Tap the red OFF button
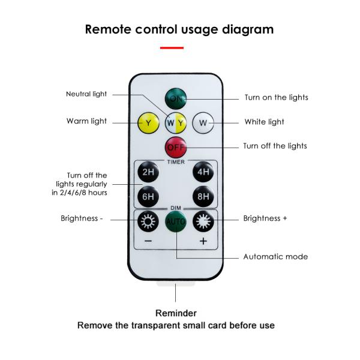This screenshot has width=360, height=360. click(176, 146)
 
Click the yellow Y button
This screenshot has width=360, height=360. click(148, 124)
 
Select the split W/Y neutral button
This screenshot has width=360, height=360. click(176, 124)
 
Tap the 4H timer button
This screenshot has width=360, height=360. click(203, 173)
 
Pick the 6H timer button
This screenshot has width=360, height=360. click(148, 196)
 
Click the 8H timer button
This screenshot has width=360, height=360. click(203, 196)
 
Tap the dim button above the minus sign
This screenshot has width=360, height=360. click(148, 221)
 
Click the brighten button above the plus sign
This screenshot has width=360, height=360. click(203, 221)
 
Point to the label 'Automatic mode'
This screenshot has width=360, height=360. click(275, 257)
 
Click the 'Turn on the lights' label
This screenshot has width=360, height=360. click(276, 98)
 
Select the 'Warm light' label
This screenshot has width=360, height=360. click(86, 121)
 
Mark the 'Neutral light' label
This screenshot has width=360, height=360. click(86, 94)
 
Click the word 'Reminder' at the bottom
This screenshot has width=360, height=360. click(176, 313)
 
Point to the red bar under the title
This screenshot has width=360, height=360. click(172, 47)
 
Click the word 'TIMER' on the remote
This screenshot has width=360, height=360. click(176, 161)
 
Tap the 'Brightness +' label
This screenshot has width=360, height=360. click(265, 218)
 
